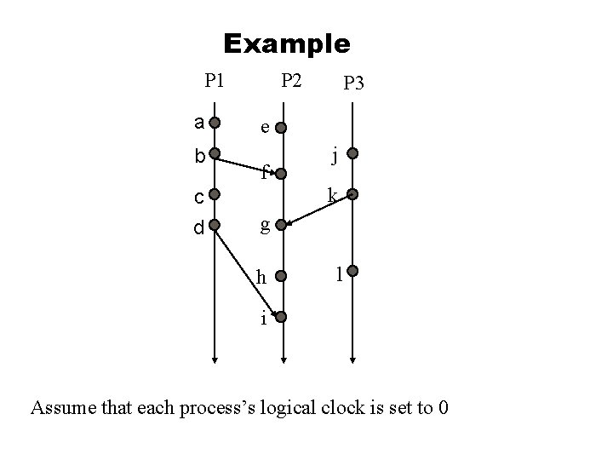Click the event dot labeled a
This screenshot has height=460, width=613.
tap(215, 122)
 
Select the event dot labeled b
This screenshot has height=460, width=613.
tap(215, 156)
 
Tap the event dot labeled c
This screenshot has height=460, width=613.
tap(215, 195)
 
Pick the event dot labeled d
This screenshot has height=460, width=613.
tap(215, 226)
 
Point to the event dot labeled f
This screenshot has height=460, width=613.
tap(283, 175)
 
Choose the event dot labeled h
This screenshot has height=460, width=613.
tap(283, 276)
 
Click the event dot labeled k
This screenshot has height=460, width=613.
tap(352, 195)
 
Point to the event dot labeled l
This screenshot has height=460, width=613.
tap(352, 273)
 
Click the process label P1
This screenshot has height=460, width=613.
tap(215, 81)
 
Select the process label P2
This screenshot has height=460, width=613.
tap(291, 81)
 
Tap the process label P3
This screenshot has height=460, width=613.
tap(352, 83)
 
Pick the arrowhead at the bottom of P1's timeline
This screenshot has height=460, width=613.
tap(215, 359)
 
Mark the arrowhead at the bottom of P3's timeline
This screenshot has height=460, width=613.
tap(352, 359)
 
